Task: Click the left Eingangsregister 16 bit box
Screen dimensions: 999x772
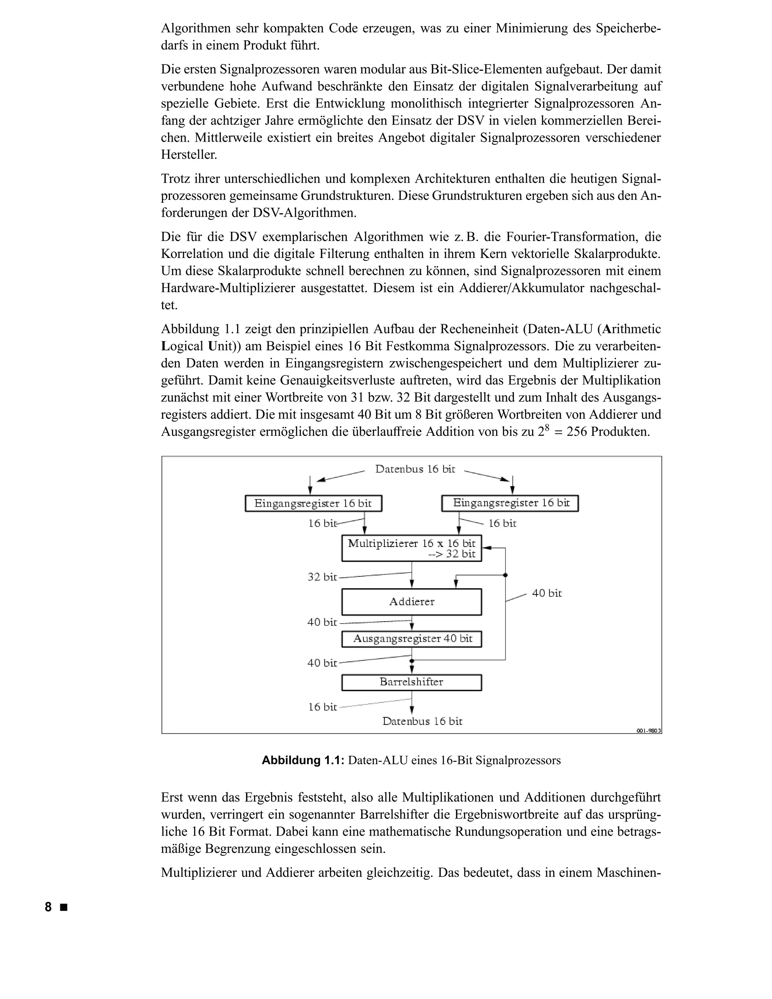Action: pos(313,503)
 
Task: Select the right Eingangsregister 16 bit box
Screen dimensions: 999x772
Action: pos(510,503)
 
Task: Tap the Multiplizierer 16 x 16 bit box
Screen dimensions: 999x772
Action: pos(412,548)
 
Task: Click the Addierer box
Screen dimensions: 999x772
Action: pos(412,602)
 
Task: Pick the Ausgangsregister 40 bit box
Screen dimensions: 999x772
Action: pos(412,639)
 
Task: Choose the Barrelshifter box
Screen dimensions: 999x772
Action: pos(412,682)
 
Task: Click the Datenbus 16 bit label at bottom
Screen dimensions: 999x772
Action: pos(422,721)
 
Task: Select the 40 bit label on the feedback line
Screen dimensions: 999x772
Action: pos(547,593)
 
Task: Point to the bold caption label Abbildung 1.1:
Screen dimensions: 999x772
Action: pos(302,760)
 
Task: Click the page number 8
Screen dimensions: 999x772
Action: pos(48,907)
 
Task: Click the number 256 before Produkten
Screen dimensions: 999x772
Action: pos(577,432)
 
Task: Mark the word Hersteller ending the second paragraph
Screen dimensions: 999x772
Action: pos(189,155)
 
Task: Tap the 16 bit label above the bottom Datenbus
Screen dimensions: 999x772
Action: pos(322,707)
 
